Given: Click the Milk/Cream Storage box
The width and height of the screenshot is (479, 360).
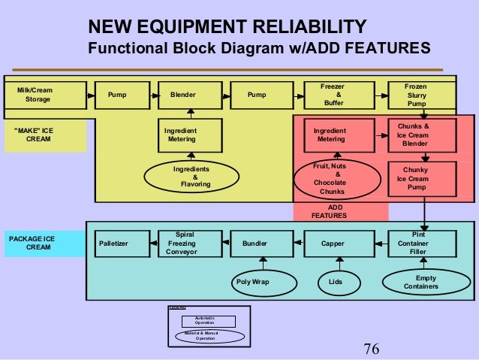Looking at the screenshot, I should coord(38,95).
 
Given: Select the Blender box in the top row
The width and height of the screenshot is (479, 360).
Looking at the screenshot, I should coord(182,95).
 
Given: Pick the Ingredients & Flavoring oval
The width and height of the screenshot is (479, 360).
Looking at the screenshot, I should coord(191,177).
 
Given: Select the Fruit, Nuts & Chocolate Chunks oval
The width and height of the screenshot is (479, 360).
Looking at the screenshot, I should coord(332,178).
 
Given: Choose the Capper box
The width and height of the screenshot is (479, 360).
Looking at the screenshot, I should coord(333,244).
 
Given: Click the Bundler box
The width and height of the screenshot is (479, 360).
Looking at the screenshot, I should coord(255,244).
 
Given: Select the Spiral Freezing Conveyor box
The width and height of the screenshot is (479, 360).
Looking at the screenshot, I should coord(184,244).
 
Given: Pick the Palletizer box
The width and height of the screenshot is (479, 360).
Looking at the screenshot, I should coord(113,244).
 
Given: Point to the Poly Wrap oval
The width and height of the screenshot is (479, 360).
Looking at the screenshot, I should coord(252,283).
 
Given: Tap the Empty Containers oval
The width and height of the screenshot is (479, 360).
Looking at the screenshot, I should coord(420,283).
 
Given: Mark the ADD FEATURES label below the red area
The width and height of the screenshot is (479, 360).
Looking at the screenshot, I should coord(329,211).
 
